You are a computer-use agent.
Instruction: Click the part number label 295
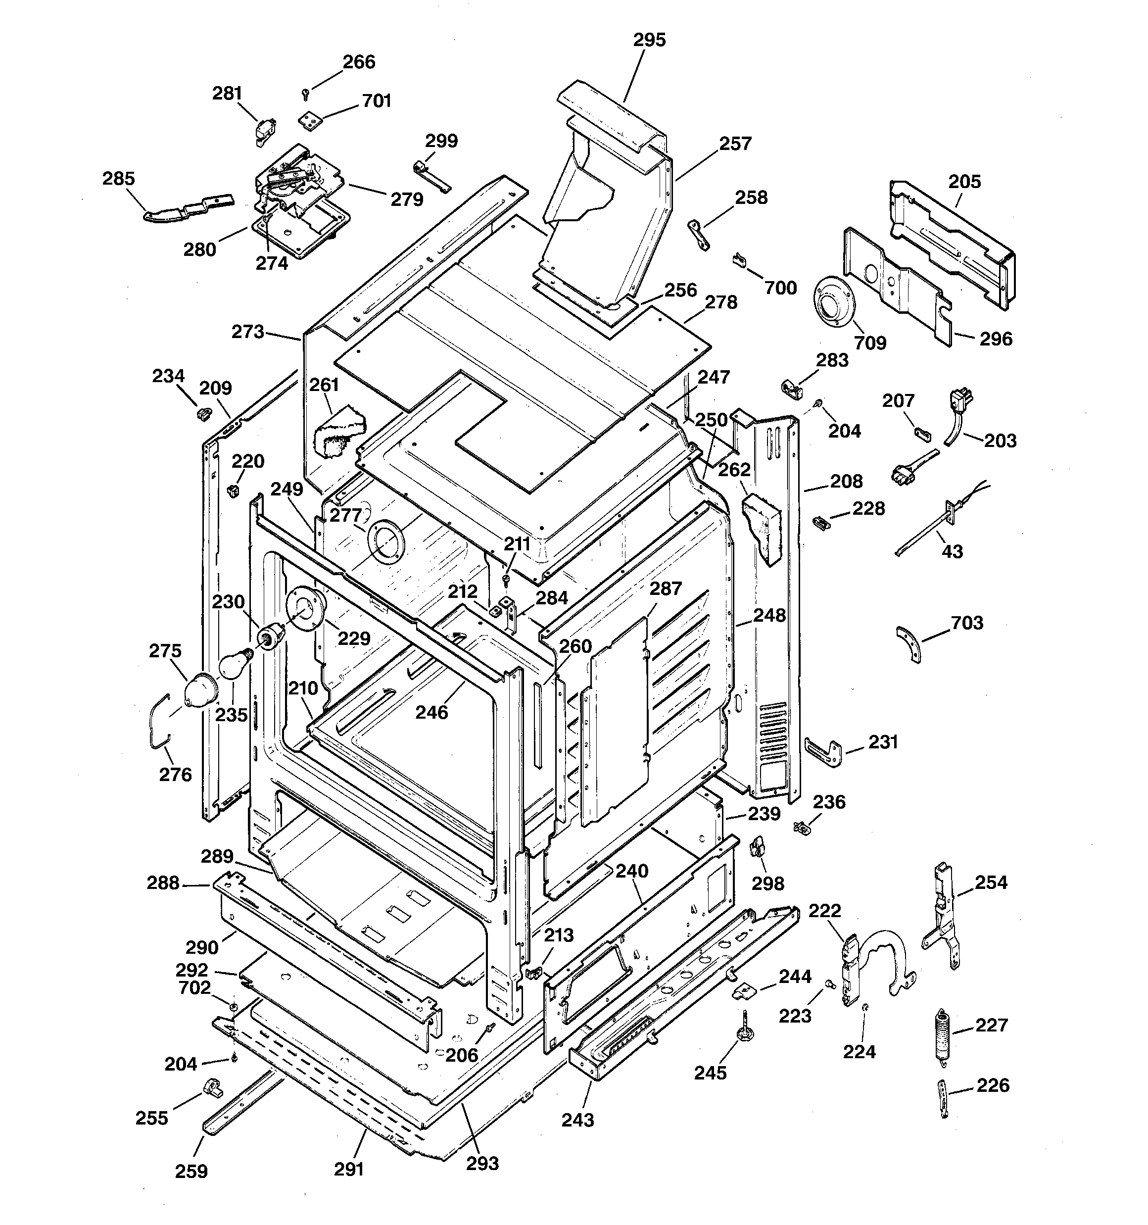(x=650, y=40)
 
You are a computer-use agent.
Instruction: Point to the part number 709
(x=869, y=343)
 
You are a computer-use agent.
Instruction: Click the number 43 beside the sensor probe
(x=952, y=551)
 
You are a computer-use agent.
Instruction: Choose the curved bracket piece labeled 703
(x=909, y=644)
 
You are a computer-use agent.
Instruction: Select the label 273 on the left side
(x=248, y=332)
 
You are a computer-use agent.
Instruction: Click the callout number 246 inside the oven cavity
(x=431, y=712)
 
